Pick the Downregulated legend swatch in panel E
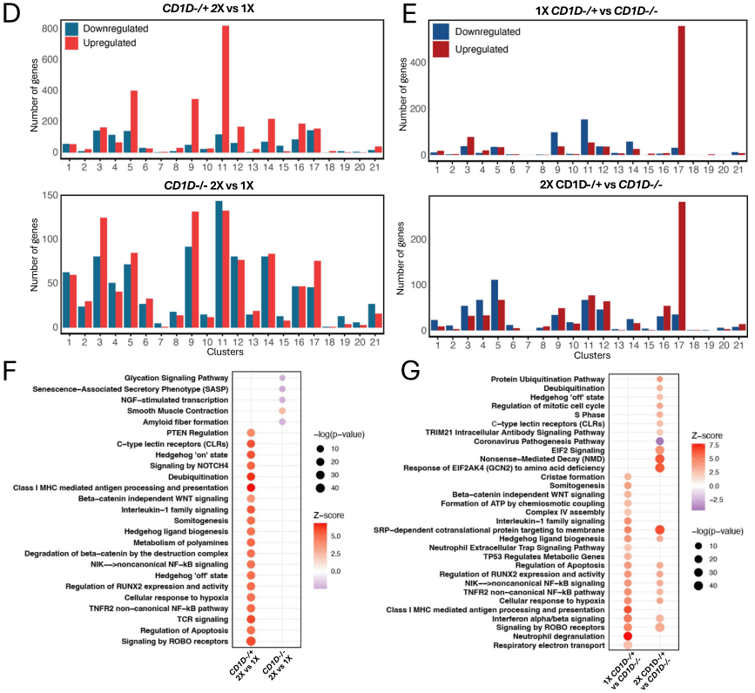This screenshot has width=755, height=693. click(x=441, y=32)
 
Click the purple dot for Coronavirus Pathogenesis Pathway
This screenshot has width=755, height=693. click(x=659, y=441)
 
